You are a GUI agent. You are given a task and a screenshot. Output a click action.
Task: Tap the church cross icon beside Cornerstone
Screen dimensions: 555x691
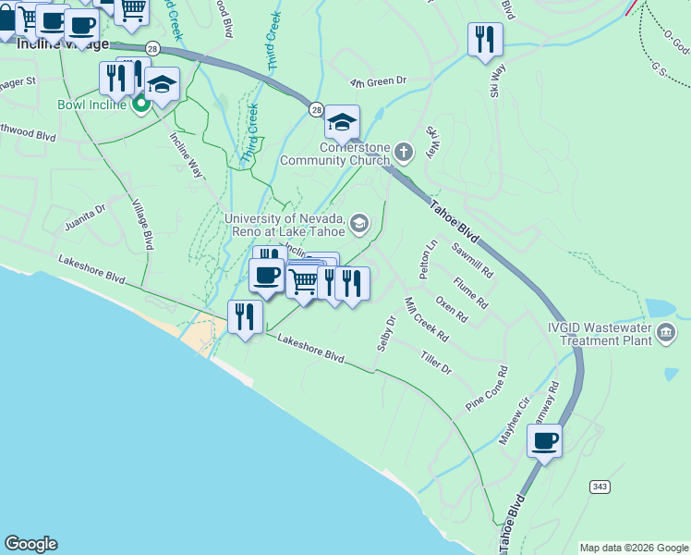tap(403, 151)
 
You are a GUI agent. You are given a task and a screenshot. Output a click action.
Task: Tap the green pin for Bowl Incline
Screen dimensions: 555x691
tap(141, 105)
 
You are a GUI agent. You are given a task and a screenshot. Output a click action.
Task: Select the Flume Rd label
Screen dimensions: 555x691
tap(470, 293)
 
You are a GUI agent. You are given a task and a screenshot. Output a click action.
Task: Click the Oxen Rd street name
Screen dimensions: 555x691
tap(451, 310)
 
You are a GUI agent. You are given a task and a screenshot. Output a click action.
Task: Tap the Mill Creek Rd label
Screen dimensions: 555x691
tap(426, 319)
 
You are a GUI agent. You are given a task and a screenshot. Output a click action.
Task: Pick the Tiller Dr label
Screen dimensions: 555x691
tap(435, 363)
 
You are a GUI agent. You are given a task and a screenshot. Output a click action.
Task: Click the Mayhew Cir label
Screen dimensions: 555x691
tap(515, 421)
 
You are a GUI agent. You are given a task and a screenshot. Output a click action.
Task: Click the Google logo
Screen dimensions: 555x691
tap(30, 544)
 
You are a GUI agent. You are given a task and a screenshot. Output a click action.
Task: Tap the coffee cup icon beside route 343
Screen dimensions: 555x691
tap(544, 440)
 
